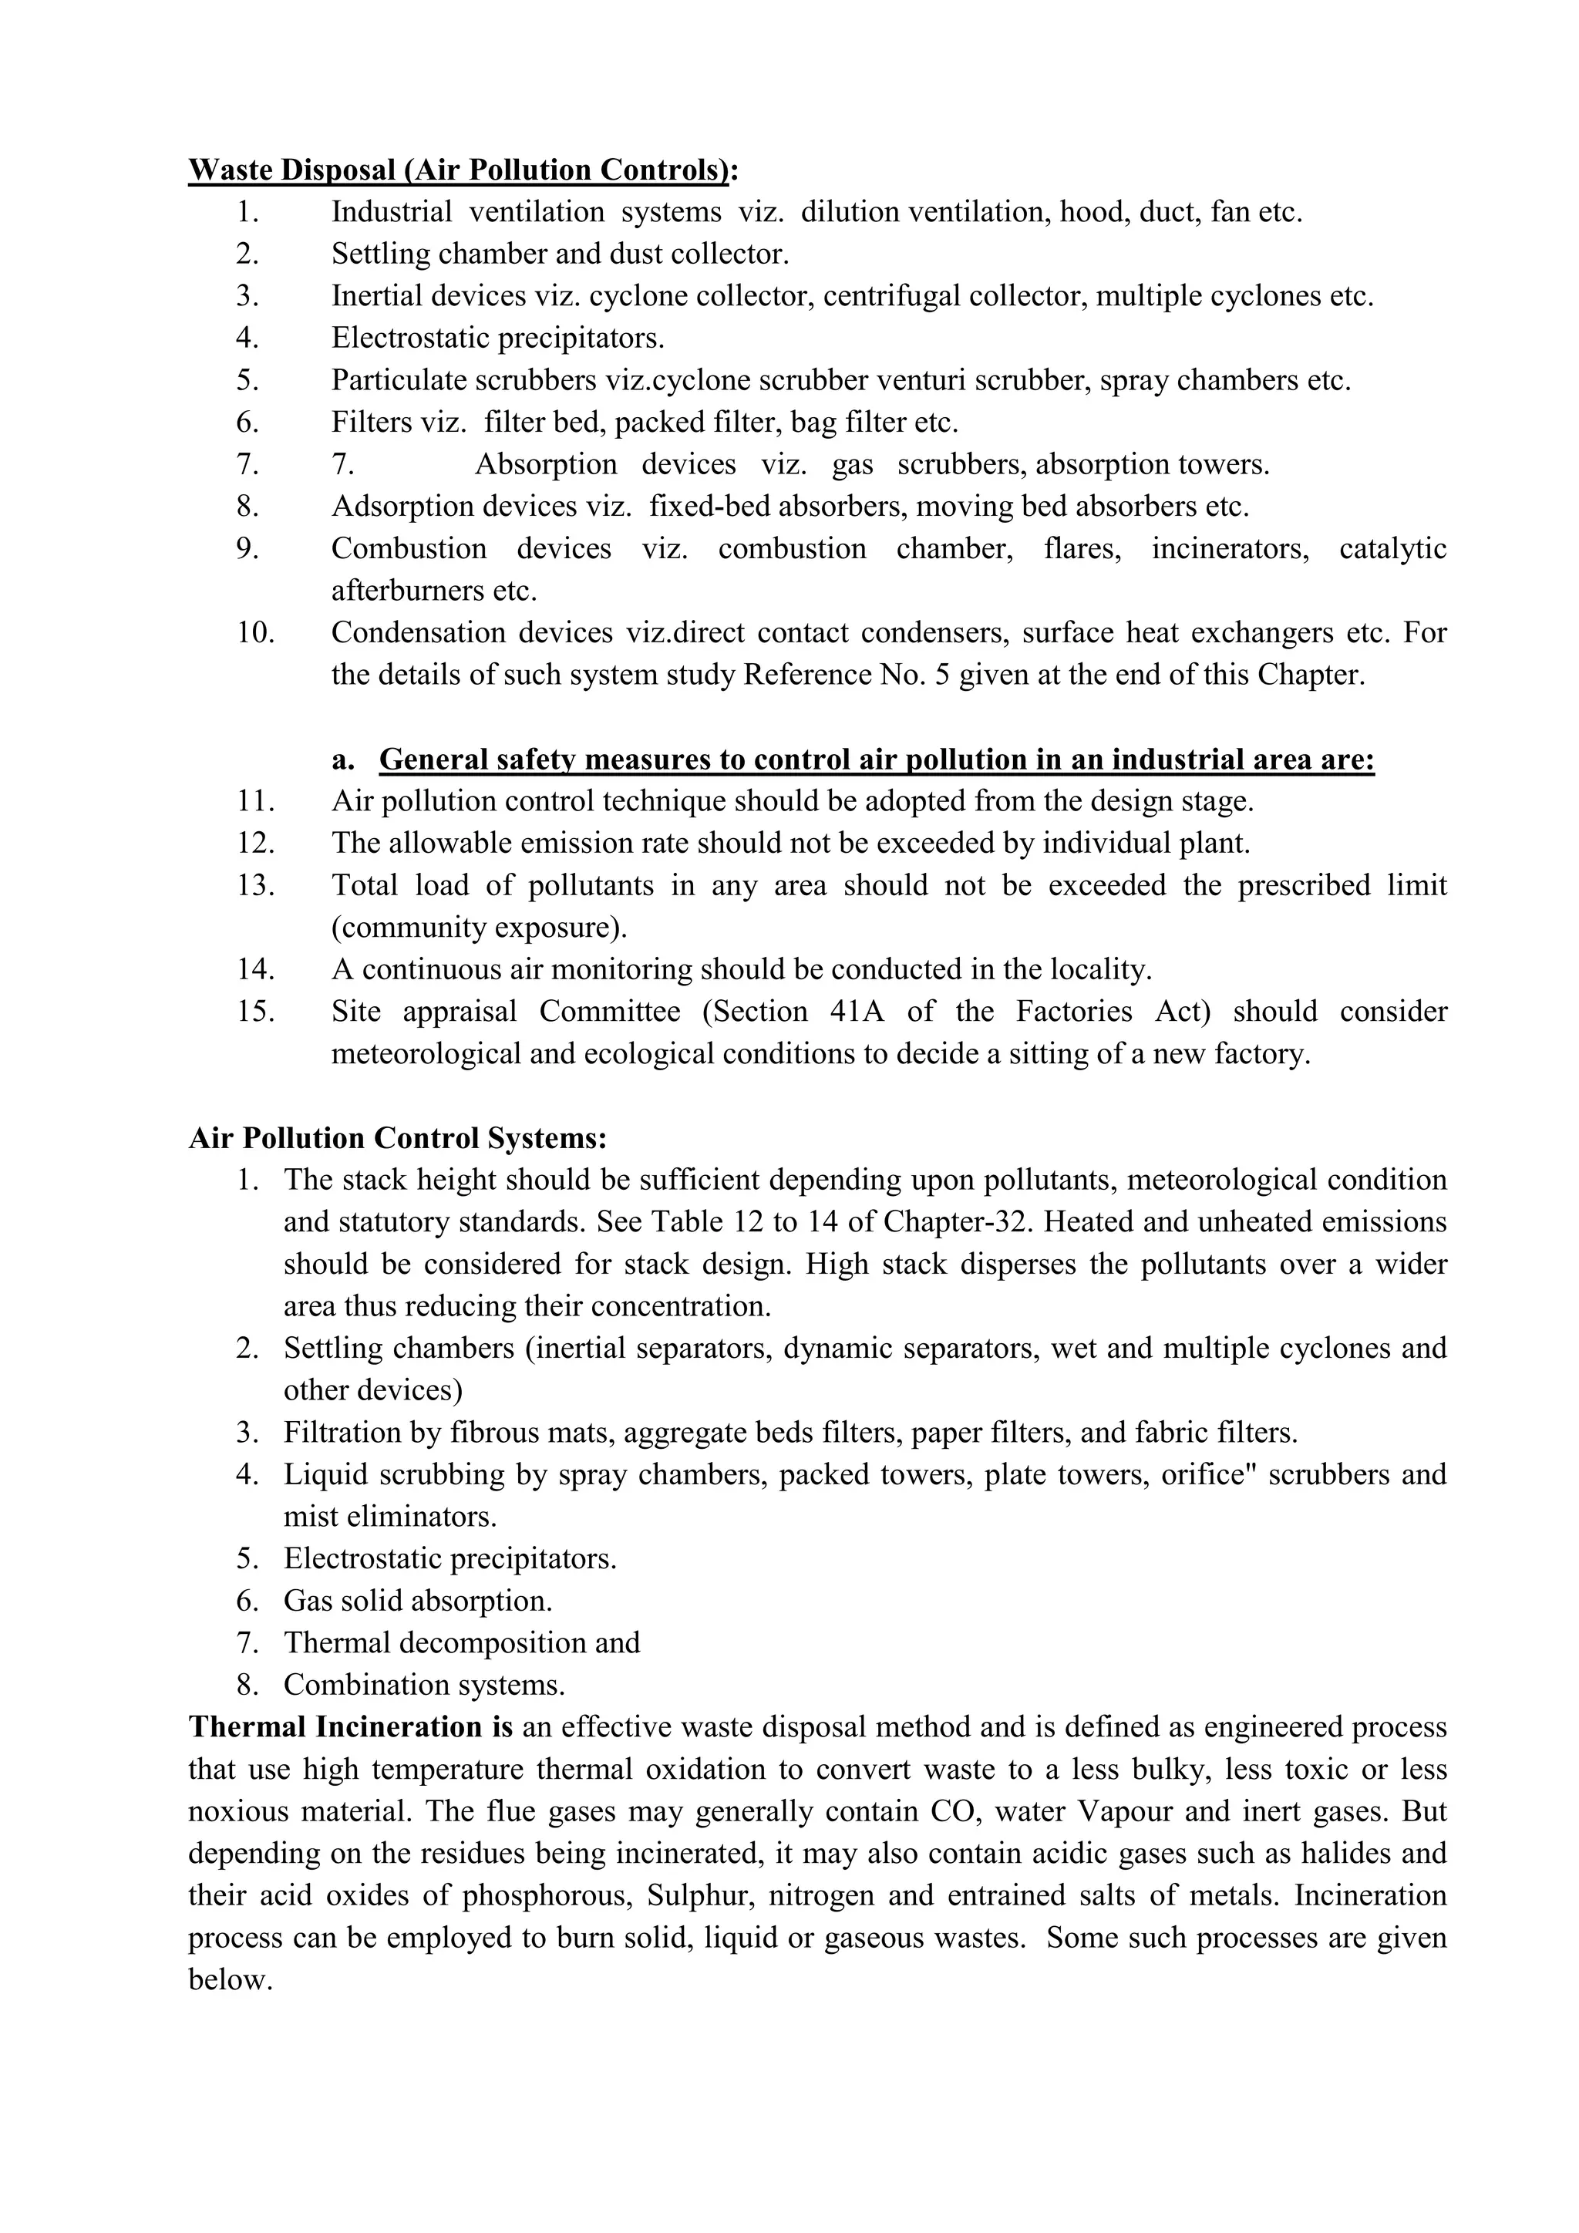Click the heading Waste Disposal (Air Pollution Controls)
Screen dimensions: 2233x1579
coord(457,170)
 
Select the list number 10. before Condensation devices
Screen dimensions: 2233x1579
coord(256,633)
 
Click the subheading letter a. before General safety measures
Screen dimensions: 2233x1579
coord(342,759)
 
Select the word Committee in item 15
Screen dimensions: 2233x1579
coord(610,1012)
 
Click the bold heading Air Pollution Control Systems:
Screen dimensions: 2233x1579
coord(398,1138)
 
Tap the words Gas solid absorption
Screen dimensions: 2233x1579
coord(417,1601)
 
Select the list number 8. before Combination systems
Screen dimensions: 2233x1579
coord(247,1686)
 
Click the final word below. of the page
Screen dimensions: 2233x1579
coord(230,1981)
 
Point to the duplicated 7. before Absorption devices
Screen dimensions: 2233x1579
coord(342,465)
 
